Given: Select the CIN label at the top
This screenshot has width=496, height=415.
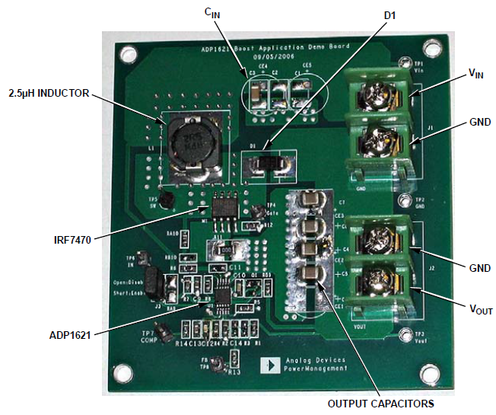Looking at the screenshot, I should (211, 12).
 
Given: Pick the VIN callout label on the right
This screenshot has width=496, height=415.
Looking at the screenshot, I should (475, 73).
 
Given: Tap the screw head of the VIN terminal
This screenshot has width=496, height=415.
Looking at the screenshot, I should (375, 96).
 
